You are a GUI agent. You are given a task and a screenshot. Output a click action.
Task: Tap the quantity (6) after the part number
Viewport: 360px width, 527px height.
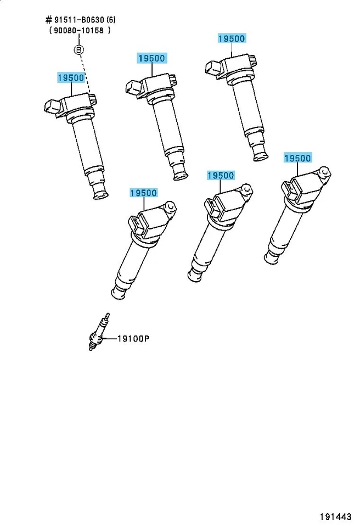coord(109,20)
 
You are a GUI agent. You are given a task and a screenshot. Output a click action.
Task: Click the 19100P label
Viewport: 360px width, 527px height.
coord(133,339)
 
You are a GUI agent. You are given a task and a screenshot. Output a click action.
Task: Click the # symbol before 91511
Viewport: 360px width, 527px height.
coord(48,20)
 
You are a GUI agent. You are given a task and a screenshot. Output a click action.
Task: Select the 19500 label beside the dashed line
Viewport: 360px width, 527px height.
coord(71,78)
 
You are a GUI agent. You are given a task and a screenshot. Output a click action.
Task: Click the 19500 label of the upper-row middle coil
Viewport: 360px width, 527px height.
coord(151,58)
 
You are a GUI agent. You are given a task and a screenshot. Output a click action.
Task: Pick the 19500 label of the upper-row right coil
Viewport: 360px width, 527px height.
coord(232,38)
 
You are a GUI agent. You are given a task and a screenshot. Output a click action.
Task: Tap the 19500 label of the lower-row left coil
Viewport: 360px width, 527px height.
coord(144,193)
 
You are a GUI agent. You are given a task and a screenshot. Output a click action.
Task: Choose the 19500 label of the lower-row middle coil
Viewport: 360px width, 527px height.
coord(221,176)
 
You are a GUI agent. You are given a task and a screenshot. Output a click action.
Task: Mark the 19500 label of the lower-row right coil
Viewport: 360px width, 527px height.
coord(297,158)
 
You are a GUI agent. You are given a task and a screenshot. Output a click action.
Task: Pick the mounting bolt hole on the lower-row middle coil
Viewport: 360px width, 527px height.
coord(248,189)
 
